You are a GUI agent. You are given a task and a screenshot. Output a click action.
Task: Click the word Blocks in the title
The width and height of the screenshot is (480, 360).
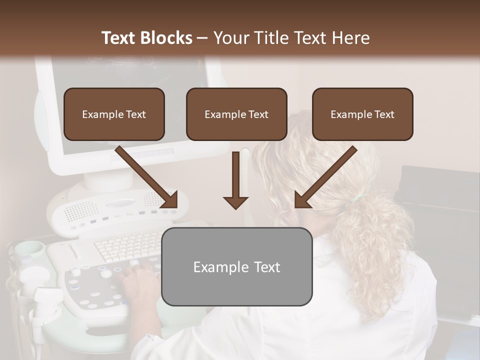[166, 38]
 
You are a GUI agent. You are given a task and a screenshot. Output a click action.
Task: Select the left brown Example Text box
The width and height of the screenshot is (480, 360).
[114, 114]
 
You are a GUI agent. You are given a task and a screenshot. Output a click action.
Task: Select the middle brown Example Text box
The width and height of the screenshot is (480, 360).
[236, 114]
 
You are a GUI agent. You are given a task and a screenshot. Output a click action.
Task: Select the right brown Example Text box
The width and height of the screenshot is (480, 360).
[362, 114]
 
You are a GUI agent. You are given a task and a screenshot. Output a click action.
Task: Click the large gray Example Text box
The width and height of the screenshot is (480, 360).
[236, 266]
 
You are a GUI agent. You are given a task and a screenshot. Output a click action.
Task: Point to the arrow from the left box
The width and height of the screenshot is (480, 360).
[147, 177]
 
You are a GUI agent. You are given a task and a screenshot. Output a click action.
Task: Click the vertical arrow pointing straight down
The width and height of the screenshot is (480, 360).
[236, 180]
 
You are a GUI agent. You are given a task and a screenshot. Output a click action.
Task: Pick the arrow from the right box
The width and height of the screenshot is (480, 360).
[325, 177]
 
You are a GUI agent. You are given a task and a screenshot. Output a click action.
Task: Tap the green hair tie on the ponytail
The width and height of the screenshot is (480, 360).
[356, 199]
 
